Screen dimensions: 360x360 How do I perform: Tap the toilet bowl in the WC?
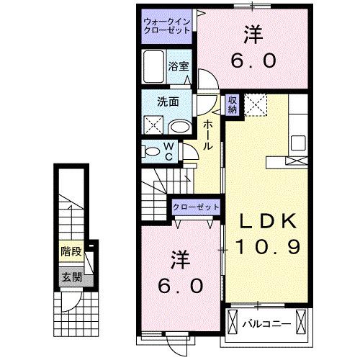(x=153, y=152)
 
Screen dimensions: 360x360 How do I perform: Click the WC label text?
(x=168, y=152)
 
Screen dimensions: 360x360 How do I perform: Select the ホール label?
(x=207, y=135)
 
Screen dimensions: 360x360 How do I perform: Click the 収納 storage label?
(x=232, y=105)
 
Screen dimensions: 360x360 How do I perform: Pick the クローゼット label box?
(x=194, y=207)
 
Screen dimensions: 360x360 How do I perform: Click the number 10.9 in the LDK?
(x=264, y=247)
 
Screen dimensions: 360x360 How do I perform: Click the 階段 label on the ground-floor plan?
(x=70, y=253)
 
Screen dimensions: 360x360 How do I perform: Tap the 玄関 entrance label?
(x=70, y=276)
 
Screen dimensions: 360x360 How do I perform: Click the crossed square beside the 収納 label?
(x=256, y=105)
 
